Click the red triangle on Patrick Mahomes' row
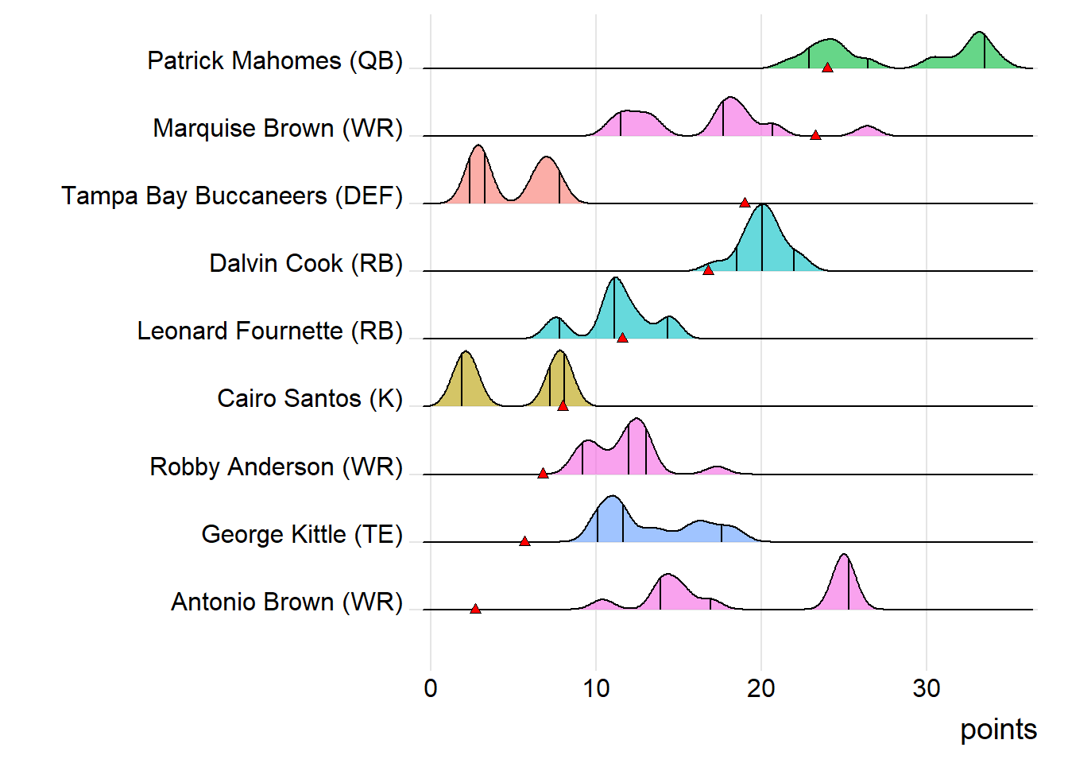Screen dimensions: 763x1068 pyautogui.click(x=827, y=68)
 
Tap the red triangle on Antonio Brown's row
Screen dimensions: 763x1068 pyautogui.click(x=475, y=610)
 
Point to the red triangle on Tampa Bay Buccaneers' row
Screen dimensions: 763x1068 pyautogui.click(x=745, y=203)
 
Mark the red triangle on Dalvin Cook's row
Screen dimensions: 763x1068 pyautogui.click(x=708, y=271)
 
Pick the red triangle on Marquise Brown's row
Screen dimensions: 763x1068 pyautogui.click(x=815, y=136)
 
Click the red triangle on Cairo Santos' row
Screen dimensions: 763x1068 pyautogui.click(x=563, y=406)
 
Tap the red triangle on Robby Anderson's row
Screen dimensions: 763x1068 pyautogui.click(x=543, y=474)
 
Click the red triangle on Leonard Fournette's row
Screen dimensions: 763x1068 pyautogui.click(x=622, y=339)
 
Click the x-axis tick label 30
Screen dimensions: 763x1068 pyautogui.click(x=927, y=688)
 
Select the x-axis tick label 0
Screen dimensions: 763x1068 pyautogui.click(x=431, y=688)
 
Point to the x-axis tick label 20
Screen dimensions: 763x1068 pyautogui.click(x=761, y=688)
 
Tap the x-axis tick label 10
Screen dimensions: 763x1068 pyautogui.click(x=596, y=688)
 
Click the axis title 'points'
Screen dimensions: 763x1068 pyautogui.click(x=998, y=730)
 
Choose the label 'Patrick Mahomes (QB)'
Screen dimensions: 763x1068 pyautogui.click(x=275, y=61)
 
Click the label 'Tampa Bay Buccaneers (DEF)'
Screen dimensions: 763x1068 pyautogui.click(x=232, y=196)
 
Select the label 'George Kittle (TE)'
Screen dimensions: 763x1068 pyautogui.click(x=302, y=535)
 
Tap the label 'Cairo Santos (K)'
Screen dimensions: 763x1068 pyautogui.click(x=310, y=399)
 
